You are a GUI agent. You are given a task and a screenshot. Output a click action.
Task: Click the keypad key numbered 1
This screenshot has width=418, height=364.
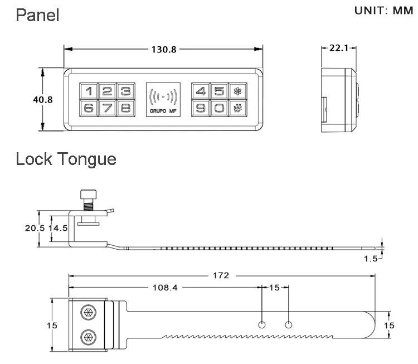click(89, 91)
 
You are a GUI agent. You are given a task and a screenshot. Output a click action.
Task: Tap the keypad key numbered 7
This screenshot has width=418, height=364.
click(108, 108)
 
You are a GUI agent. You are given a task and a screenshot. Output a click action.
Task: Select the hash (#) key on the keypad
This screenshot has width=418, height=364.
click(237, 108)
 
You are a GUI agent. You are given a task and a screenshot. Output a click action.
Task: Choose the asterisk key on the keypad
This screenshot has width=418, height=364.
click(237, 91)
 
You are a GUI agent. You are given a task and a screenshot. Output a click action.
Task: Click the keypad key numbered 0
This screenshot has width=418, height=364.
click(219, 108)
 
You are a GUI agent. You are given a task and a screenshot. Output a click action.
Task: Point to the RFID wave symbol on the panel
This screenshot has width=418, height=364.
click(163, 97)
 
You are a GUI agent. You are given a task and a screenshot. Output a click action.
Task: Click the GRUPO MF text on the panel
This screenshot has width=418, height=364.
click(163, 112)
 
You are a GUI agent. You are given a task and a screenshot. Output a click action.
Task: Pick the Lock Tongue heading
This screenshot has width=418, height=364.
click(66, 159)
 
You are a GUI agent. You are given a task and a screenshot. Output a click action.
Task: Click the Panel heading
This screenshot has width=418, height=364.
click(38, 15)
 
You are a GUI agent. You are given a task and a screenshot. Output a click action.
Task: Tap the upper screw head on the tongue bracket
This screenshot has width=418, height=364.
click(88, 313)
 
